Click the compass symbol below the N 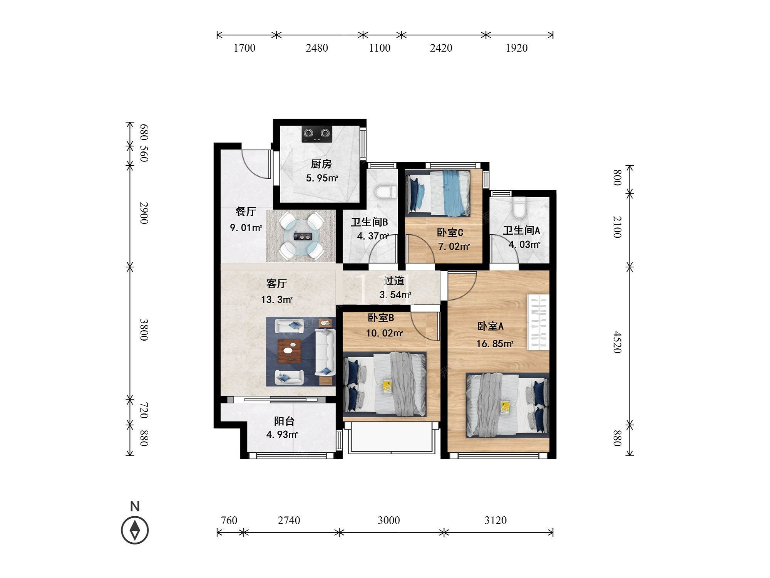tap(135, 530)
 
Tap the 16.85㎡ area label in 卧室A tap(495, 344)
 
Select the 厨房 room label tap(321, 164)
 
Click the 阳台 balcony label tap(284, 421)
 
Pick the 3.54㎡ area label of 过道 tap(395, 295)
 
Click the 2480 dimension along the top tap(317, 48)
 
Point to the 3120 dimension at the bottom tap(495, 521)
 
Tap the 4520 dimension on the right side tap(617, 342)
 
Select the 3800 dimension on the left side tap(143, 329)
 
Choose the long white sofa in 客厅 tap(325, 352)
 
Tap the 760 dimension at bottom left tap(229, 521)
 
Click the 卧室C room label tap(450, 232)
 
